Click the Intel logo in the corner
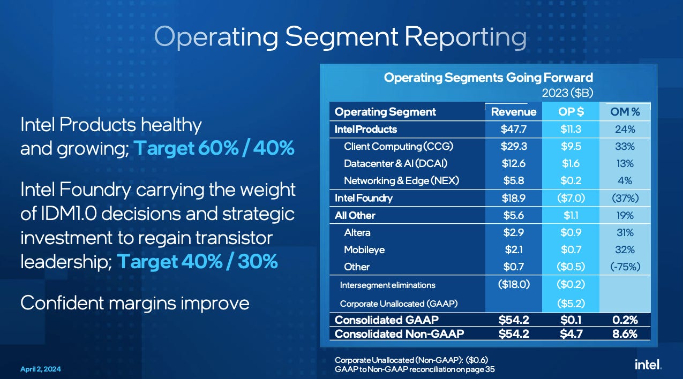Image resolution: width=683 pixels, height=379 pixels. pyautogui.click(x=648, y=365)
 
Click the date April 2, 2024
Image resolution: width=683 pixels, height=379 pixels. pyautogui.click(x=40, y=369)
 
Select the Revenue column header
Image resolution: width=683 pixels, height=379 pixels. pyautogui.click(x=513, y=112)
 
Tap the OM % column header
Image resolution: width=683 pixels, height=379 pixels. pyautogui.click(x=625, y=112)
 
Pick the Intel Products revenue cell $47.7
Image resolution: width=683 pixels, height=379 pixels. pyautogui.click(x=513, y=130)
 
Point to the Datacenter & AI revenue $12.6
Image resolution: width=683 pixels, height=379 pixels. pyautogui.click(x=513, y=164)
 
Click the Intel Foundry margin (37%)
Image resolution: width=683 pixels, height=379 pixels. pyautogui.click(x=625, y=198)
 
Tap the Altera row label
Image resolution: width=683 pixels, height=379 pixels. pyautogui.click(x=357, y=232)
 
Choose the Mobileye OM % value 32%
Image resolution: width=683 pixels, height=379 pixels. pyautogui.click(x=625, y=249)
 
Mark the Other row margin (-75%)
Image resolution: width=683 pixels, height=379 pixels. pyautogui.click(x=625, y=267)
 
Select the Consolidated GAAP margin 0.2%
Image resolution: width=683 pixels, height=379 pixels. pyautogui.click(x=625, y=320)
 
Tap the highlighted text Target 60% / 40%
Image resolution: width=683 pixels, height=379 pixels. pyautogui.click(x=213, y=148)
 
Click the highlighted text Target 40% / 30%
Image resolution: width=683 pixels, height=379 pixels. pyautogui.click(x=197, y=261)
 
